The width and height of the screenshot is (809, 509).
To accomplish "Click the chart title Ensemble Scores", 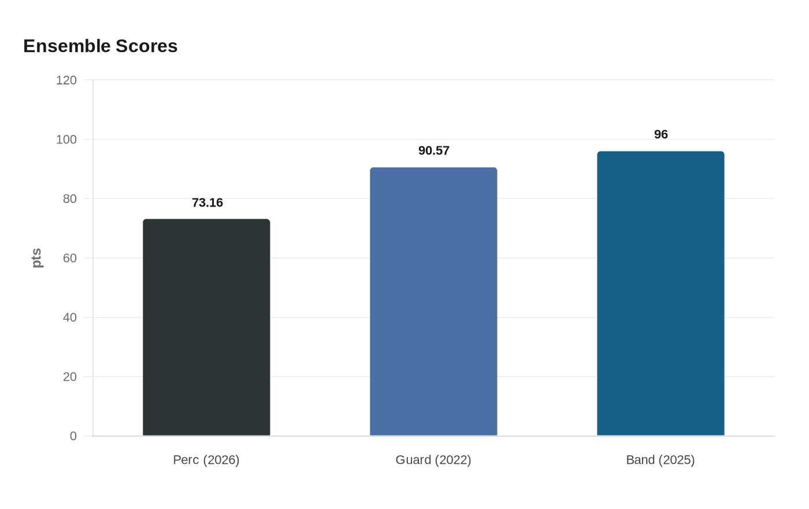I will pyautogui.click(x=100, y=46).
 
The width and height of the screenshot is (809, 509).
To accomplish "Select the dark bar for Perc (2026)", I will pyautogui.click(x=206, y=327).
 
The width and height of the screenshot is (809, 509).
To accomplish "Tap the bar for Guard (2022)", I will pyautogui.click(x=433, y=301).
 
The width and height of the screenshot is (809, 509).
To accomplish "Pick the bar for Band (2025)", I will pyautogui.click(x=660, y=293).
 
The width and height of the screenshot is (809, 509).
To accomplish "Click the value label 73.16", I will pyautogui.click(x=207, y=203).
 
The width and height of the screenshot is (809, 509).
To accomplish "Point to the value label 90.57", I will pyautogui.click(x=434, y=151).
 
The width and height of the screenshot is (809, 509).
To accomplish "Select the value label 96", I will pyautogui.click(x=661, y=135).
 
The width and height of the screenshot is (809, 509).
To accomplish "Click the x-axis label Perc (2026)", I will pyautogui.click(x=206, y=460).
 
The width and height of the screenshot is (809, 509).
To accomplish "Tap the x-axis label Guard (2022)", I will pyautogui.click(x=433, y=460).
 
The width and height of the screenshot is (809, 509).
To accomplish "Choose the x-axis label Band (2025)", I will pyautogui.click(x=660, y=460).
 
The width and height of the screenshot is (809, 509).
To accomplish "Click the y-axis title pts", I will pyautogui.click(x=37, y=258).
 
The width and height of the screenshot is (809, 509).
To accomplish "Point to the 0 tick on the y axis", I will pyautogui.click(x=73, y=436).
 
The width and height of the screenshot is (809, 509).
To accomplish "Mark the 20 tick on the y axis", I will pyautogui.click(x=70, y=377).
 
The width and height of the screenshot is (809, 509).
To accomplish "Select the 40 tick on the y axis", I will pyautogui.click(x=70, y=318).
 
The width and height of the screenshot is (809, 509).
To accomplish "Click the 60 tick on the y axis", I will pyautogui.click(x=70, y=258).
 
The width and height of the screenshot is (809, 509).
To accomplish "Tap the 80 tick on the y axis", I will pyautogui.click(x=70, y=199).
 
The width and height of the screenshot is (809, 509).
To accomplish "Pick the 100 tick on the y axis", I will pyautogui.click(x=66, y=139).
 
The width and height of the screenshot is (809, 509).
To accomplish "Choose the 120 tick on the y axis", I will pyautogui.click(x=66, y=80).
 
